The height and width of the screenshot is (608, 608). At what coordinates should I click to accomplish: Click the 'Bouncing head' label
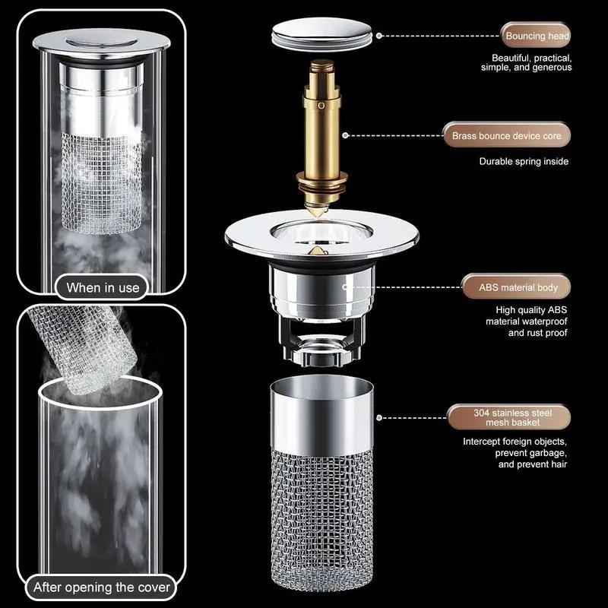tap(536, 36)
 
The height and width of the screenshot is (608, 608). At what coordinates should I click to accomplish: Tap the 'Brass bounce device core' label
tap(507, 136)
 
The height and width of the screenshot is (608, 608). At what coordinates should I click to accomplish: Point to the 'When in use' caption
tap(103, 287)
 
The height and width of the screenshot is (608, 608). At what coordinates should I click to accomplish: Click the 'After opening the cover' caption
tap(103, 587)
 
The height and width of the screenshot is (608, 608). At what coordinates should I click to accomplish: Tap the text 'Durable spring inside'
tap(524, 161)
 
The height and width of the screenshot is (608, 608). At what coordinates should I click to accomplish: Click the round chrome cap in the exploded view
tap(323, 36)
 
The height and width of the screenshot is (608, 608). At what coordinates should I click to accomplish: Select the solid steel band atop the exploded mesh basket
tap(322, 417)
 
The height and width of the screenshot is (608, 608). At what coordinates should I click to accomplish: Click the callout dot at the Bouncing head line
tap(378, 35)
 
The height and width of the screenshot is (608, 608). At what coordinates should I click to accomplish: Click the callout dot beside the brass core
tap(345, 136)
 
